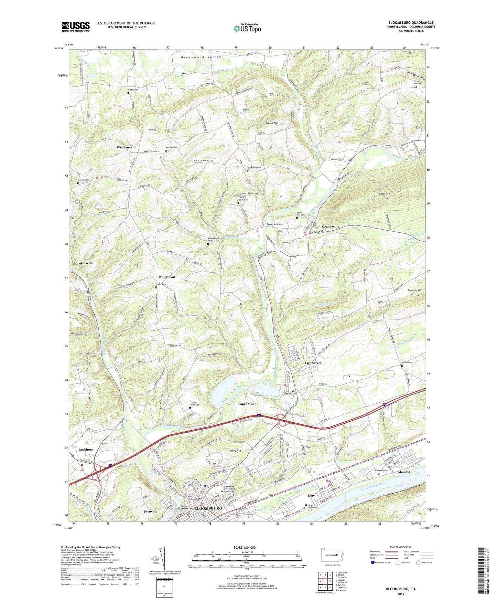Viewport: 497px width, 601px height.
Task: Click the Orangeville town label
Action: coord(330,226)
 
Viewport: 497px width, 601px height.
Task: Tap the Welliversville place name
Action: coord(127,147)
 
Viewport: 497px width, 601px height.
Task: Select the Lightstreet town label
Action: coord(313,363)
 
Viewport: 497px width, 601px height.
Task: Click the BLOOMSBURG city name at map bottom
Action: coord(208,508)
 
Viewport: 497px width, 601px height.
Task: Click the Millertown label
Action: coord(166,277)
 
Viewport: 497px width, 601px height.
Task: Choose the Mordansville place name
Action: coord(83,263)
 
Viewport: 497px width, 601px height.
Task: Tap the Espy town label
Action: coord(311,496)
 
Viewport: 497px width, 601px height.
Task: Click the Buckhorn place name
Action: coord(86,450)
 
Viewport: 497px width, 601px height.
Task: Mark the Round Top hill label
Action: coord(271,123)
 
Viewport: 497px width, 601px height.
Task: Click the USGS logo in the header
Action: coord(76,26)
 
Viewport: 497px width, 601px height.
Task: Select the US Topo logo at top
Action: coord(247,28)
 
